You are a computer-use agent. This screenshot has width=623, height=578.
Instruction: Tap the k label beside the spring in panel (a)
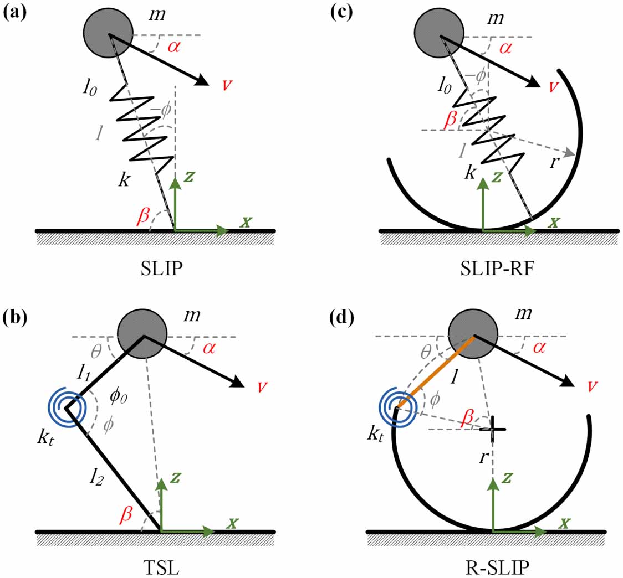[124, 180]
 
